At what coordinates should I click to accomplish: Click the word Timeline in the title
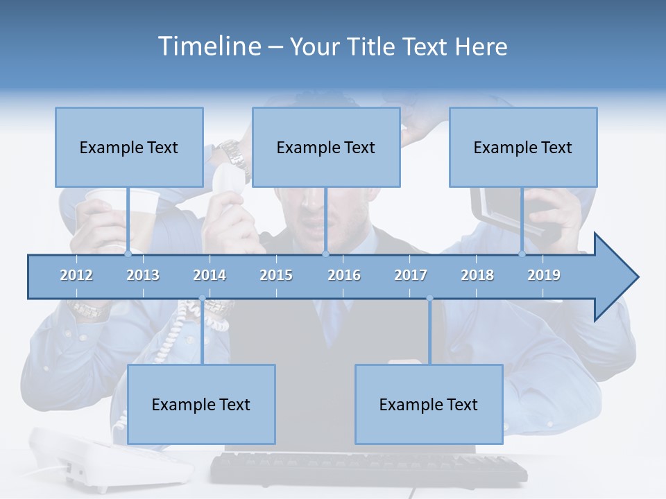point(209,46)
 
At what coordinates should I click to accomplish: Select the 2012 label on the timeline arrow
point(76,275)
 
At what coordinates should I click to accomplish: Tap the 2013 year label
point(143,275)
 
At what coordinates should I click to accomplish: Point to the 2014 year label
point(210,275)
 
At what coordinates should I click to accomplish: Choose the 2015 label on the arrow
point(276,275)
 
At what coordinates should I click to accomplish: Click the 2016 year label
point(344,275)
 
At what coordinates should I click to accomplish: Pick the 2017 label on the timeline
point(411,275)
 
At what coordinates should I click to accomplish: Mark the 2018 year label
point(477,275)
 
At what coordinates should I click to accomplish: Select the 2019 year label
point(544,275)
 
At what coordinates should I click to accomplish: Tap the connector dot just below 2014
point(202,299)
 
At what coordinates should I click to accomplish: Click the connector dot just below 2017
point(429,299)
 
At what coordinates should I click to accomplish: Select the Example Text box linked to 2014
point(201,404)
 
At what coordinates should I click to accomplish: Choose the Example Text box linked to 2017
point(429,404)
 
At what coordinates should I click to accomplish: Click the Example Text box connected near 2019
point(523,147)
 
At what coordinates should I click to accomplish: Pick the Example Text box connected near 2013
point(129,147)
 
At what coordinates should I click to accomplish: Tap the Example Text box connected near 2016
point(326,147)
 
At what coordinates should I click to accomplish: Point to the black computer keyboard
point(368,469)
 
